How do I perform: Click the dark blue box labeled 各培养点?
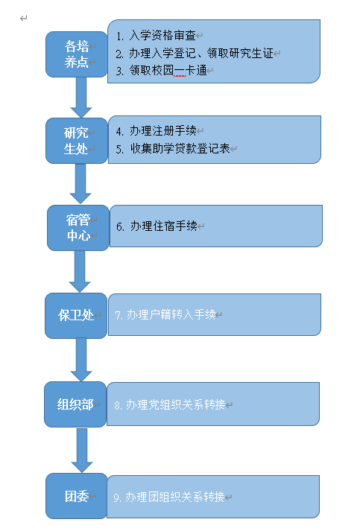coord(77,54)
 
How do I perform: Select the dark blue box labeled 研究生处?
coord(77,141)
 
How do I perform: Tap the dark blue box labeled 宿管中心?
coord(78,228)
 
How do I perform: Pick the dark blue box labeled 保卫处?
coord(76,315)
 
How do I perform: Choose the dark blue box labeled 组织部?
coord(75,404)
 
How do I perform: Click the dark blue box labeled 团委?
coord(77,496)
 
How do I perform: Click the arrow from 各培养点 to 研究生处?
coord(81,98)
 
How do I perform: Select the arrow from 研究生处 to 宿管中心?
coord(80,184)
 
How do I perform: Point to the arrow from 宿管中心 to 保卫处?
coord(80,272)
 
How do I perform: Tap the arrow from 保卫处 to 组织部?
coord(81,360)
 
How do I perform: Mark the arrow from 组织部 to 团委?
coord(82,451)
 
